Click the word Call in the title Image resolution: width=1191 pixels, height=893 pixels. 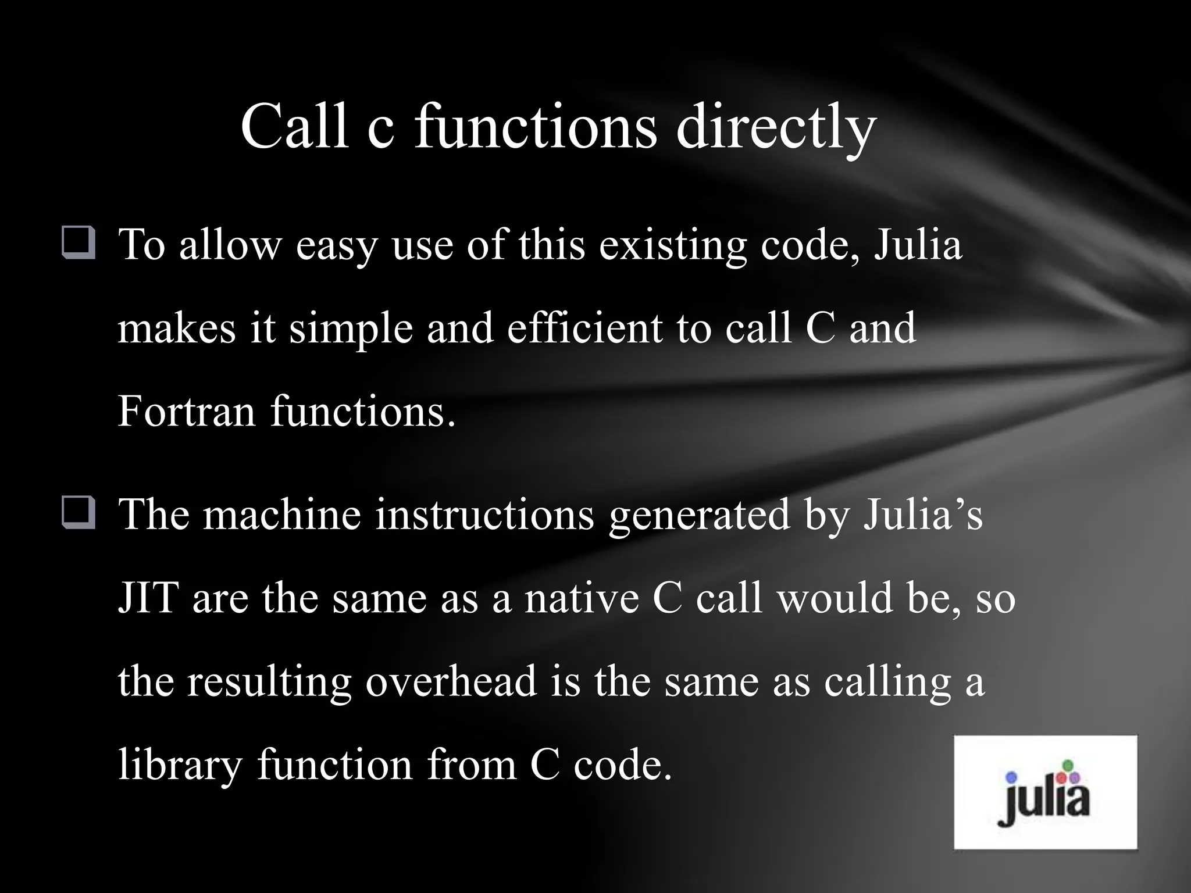(x=295, y=126)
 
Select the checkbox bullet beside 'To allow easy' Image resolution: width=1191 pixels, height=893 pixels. (x=78, y=244)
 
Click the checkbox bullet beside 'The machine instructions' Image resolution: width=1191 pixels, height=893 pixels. (x=78, y=513)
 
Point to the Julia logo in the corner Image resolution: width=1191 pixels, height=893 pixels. (x=1045, y=792)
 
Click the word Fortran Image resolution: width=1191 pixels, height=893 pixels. (x=187, y=410)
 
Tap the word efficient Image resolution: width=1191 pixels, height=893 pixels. (x=584, y=327)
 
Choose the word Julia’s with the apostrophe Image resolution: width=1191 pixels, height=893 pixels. (x=922, y=514)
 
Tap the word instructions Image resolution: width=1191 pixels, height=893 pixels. (x=484, y=514)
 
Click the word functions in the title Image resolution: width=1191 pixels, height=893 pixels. (x=535, y=126)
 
